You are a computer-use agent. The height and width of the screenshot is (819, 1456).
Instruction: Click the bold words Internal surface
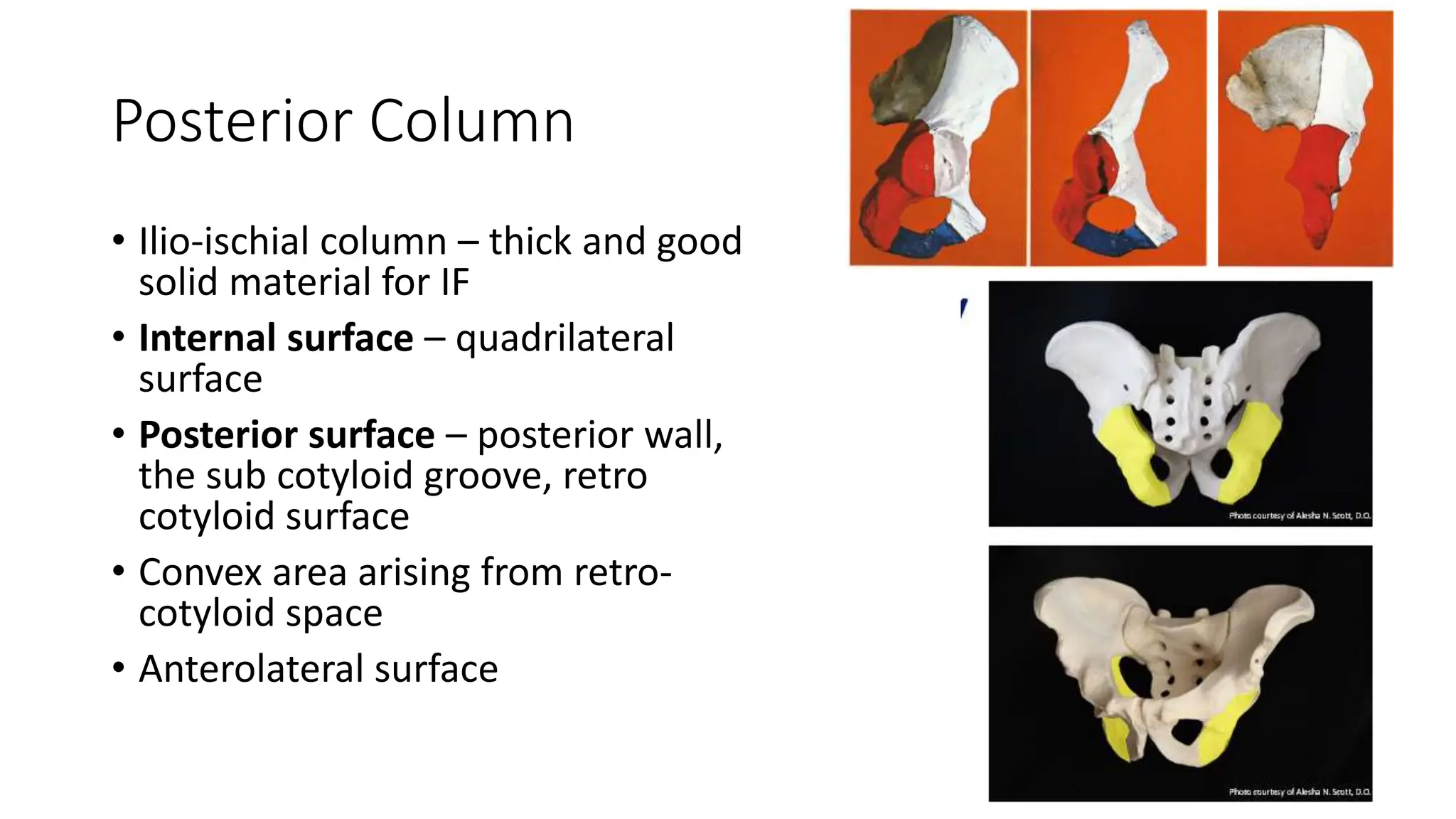pos(276,338)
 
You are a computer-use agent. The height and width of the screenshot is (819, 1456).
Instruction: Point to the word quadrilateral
pos(564,338)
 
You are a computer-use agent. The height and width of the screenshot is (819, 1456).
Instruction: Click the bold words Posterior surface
pos(287,434)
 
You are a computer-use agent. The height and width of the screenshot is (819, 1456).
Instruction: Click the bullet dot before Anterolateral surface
pos(118,668)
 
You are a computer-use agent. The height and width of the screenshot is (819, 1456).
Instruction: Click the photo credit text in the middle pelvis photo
pos(1299,515)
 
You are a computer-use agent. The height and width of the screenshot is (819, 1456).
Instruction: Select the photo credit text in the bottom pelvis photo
pos(1299,791)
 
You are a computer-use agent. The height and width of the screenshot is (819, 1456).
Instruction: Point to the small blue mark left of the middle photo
pos(963,309)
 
